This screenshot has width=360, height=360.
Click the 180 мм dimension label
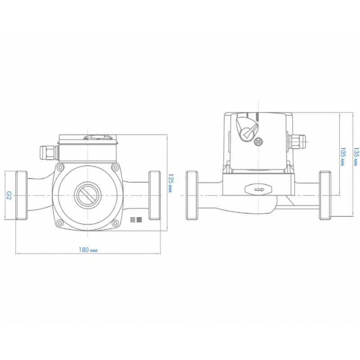coord(88,250)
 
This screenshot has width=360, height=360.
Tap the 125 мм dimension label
coord(171,183)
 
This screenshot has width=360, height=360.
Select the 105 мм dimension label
coord(342,157)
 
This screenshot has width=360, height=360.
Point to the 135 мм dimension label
coord(355,157)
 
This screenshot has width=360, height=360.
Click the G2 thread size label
coord(8,195)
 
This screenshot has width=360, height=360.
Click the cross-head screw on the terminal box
coord(258,142)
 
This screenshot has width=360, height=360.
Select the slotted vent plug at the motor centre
coord(87,195)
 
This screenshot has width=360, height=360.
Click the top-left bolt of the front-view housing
coord(60,167)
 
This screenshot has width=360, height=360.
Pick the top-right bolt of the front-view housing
coord(115,167)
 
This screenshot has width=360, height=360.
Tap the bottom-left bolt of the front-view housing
coord(60,222)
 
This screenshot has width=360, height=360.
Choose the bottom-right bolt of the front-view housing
coord(115,223)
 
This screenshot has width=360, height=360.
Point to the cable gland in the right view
coord(297,142)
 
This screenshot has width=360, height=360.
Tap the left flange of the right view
coord(192,195)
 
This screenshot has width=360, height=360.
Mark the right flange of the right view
coord(325,195)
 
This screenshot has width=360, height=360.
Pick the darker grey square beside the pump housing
coord(139,220)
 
